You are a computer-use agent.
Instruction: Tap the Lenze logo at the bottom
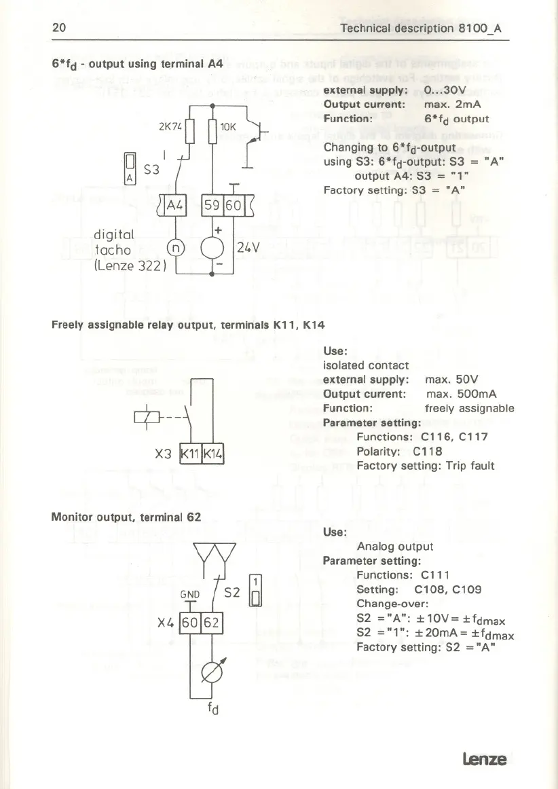pyautogui.click(x=485, y=758)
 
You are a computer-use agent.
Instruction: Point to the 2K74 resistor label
pyautogui.click(x=170, y=127)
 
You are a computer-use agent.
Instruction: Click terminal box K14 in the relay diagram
pyautogui.click(x=213, y=454)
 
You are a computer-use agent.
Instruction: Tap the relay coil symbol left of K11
pyautogui.click(x=148, y=416)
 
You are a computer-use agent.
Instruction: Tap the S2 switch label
pyautogui.click(x=232, y=593)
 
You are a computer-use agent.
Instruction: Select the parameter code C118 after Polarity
pyautogui.click(x=428, y=451)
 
